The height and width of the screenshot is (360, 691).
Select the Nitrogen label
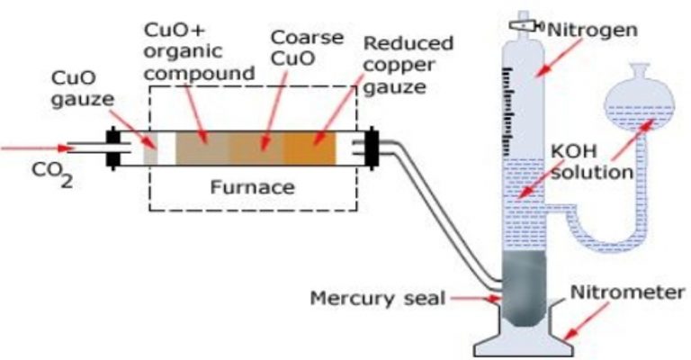pos(593,29)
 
